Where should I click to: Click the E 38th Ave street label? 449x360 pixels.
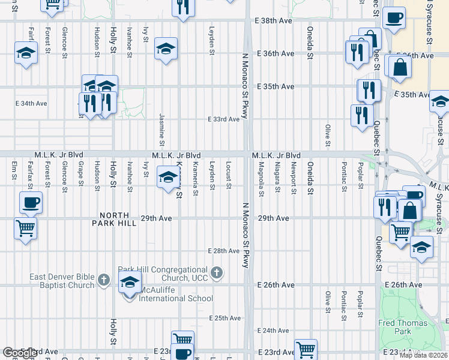click(x=274, y=20)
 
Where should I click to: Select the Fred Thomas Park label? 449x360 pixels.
click(x=403, y=327)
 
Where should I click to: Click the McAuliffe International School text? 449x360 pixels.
click(x=176, y=298)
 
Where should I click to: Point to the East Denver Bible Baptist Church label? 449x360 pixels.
click(x=63, y=281)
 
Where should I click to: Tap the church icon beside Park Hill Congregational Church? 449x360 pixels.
click(x=217, y=274)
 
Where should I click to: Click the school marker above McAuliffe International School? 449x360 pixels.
click(x=129, y=281)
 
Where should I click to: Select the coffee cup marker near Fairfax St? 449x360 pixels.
click(x=31, y=202)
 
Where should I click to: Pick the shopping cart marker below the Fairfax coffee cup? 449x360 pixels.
click(x=26, y=227)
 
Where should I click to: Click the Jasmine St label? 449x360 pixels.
click(x=162, y=130)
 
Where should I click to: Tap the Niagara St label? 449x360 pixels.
click(x=277, y=177)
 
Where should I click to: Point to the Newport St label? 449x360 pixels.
click(x=294, y=177)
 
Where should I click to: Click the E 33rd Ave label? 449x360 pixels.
click(x=224, y=119)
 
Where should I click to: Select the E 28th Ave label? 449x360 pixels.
click(x=224, y=251)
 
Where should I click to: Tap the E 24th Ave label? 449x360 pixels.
click(x=273, y=331)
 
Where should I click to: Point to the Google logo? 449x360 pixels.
click(x=20, y=353)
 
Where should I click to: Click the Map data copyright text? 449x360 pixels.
click(x=423, y=355)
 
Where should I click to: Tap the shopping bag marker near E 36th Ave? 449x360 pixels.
click(x=399, y=67)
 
